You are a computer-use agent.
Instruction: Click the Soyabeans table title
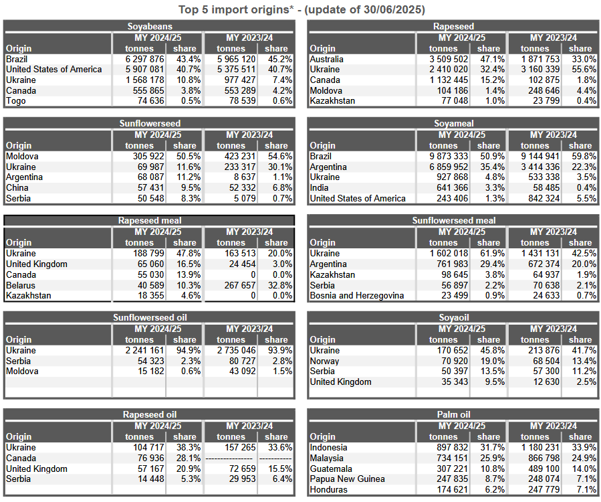click(150, 27)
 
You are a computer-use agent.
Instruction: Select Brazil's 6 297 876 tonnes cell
click(144, 59)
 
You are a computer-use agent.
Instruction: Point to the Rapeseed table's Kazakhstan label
click(332, 101)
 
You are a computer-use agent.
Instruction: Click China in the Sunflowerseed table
click(17, 187)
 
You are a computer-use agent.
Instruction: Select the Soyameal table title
click(453, 124)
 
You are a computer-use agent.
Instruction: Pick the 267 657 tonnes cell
click(240, 285)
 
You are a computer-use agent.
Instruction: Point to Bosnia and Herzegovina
click(357, 296)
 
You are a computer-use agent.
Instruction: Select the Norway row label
click(324, 361)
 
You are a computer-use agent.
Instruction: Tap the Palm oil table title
click(453, 415)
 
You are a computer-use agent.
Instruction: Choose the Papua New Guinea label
click(347, 479)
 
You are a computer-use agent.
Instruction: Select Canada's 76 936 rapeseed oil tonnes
click(150, 458)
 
